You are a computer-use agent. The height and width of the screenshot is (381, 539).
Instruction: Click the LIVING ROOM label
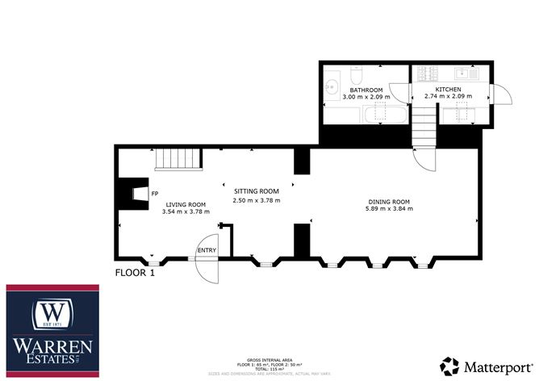click(x=185, y=204)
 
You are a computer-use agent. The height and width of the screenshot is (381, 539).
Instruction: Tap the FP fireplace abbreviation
click(x=155, y=194)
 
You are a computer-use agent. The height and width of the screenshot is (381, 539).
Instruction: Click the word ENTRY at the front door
click(x=207, y=251)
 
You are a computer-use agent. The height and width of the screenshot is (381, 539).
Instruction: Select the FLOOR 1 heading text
click(x=135, y=272)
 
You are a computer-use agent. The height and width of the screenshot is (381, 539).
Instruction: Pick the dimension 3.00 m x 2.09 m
click(x=366, y=96)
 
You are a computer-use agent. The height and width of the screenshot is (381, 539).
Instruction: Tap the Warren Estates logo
click(x=52, y=330)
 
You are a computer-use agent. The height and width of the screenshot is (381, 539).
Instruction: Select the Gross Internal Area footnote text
click(x=269, y=362)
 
